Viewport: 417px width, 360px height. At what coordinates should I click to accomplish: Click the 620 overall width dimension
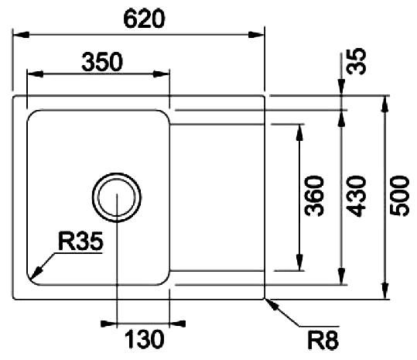[x=144, y=19]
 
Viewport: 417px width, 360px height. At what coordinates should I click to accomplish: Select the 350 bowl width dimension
[x=102, y=62]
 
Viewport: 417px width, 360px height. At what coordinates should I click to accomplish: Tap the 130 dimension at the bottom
[x=144, y=339]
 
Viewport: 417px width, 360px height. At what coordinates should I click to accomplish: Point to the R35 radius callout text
[x=80, y=242]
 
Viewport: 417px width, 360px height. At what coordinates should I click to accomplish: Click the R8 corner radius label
[x=323, y=341]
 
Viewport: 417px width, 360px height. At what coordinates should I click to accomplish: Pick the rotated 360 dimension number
[x=314, y=196]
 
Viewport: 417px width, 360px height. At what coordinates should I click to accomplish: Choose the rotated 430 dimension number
[x=357, y=196]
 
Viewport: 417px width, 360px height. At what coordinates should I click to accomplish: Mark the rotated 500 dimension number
[x=399, y=196]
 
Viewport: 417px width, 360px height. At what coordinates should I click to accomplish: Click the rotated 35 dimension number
[x=357, y=61]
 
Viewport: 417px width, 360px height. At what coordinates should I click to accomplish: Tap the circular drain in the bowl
[x=117, y=197]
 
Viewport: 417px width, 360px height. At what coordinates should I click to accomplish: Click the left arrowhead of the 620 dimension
[x=21, y=35]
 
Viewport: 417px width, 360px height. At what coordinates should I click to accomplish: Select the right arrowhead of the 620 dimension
[x=256, y=35]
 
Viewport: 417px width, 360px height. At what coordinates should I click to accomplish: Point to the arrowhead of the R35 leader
[x=36, y=272]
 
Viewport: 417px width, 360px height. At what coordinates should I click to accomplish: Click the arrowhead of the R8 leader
[x=272, y=304]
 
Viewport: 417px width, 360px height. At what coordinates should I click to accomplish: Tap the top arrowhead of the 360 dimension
[x=299, y=132]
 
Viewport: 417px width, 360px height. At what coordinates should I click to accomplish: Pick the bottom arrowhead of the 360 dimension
[x=299, y=262]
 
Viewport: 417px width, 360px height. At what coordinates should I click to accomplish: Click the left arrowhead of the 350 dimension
[x=35, y=74]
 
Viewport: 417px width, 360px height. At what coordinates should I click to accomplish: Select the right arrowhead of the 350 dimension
[x=162, y=74]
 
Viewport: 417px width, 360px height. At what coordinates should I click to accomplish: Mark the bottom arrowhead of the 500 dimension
[x=385, y=291]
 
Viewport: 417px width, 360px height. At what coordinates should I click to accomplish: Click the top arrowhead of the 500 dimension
[x=385, y=104]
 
